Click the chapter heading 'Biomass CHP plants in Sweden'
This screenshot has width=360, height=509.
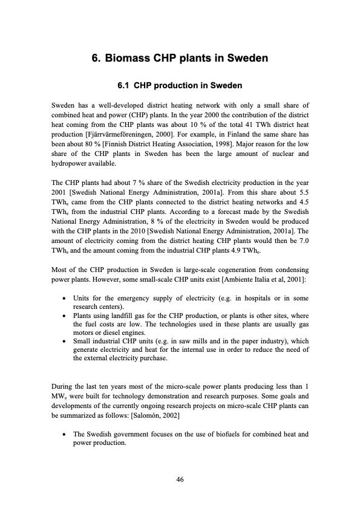(187, 59)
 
